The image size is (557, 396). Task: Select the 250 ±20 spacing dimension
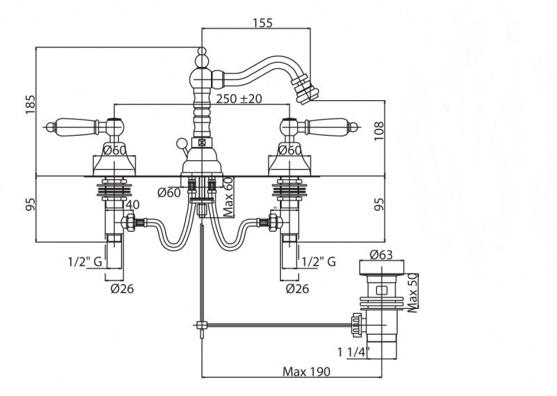click(x=238, y=99)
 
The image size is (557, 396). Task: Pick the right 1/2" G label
click(x=320, y=262)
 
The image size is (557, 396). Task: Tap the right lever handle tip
click(x=354, y=127)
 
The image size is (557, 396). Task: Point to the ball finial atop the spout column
click(x=202, y=52)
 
